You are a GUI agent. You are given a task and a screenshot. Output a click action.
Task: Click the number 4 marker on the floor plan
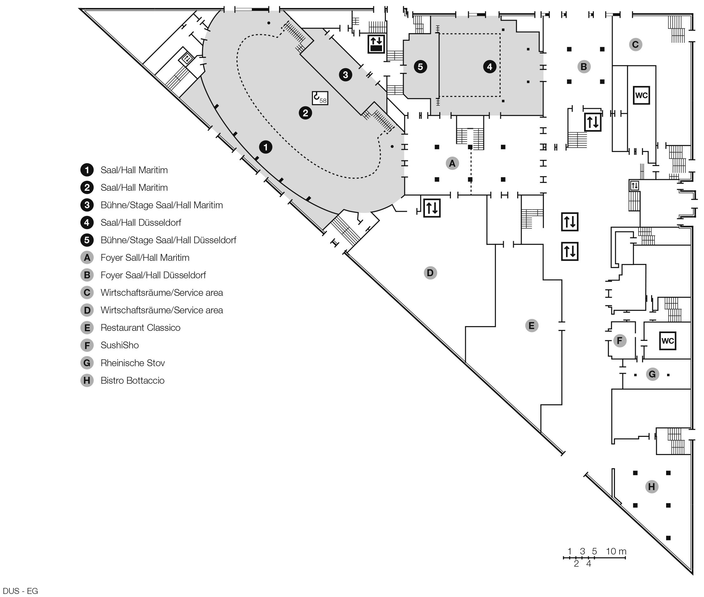pos(489,67)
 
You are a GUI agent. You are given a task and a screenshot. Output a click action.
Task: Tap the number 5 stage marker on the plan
pos(420,67)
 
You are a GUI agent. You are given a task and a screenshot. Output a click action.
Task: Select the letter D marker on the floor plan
pos(430,273)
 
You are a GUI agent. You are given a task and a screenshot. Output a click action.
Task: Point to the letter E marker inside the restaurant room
pos(531,326)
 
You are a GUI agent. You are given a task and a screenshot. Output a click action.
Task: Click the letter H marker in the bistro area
pos(651,487)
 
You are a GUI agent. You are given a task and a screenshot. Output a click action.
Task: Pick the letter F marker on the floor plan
pos(619,341)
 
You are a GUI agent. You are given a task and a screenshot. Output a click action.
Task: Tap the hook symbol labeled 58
pos(320,98)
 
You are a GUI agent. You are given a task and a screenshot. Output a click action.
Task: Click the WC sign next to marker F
pos(667,341)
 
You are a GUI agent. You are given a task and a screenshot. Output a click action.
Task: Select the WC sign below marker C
pos(641,95)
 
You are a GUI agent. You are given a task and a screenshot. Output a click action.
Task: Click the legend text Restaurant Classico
pos(140,328)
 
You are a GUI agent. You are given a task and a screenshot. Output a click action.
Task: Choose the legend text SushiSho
pos(120,345)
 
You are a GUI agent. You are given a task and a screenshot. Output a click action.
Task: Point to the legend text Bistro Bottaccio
pos(132,380)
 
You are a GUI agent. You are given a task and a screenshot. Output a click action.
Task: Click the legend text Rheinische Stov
pos(132,363)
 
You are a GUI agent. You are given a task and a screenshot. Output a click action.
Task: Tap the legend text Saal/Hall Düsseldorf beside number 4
pos(140,223)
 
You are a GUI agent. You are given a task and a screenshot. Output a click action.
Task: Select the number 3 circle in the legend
pos(87,205)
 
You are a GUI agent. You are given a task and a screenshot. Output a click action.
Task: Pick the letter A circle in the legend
pos(87,258)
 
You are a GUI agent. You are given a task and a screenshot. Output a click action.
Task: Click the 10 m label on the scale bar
pos(616,551)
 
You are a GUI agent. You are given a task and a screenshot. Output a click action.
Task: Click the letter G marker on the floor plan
pos(652,374)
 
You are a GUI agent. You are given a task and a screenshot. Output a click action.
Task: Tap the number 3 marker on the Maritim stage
pos(345,74)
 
